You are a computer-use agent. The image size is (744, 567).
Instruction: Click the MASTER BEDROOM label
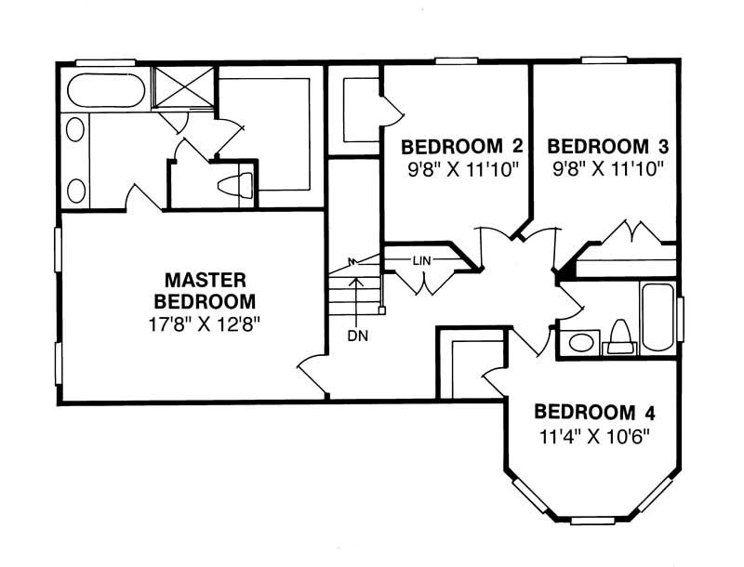point(205,290)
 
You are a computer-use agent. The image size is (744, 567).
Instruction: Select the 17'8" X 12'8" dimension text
point(205,324)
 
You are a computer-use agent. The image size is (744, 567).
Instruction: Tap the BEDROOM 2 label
point(457,147)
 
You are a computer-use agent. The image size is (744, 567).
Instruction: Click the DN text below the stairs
point(358,336)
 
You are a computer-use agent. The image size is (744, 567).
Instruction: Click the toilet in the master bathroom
point(236,185)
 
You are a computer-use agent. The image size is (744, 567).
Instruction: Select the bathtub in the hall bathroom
point(658,318)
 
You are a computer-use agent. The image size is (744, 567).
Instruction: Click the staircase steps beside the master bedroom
point(354,288)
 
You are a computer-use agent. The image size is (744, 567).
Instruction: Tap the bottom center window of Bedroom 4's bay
point(592,520)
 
